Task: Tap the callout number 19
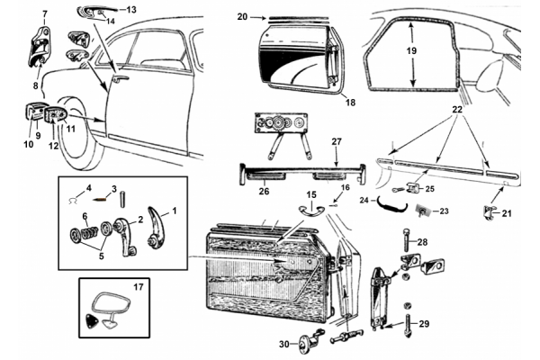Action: pos(412,53)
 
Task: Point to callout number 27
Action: pos(337,141)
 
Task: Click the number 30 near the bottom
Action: pos(283,345)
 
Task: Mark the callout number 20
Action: pos(242,16)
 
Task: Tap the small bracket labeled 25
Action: pos(415,187)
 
